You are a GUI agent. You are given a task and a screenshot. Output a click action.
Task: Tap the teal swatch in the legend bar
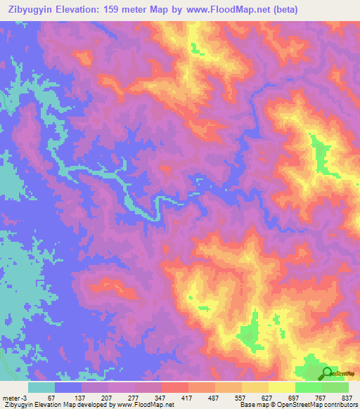42,388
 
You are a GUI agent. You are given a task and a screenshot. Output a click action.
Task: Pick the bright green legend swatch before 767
309,388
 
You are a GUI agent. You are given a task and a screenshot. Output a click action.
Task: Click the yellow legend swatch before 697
282,388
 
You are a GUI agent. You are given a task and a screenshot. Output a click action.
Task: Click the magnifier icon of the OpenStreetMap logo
327,372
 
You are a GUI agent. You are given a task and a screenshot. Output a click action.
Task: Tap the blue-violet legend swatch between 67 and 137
69,388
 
